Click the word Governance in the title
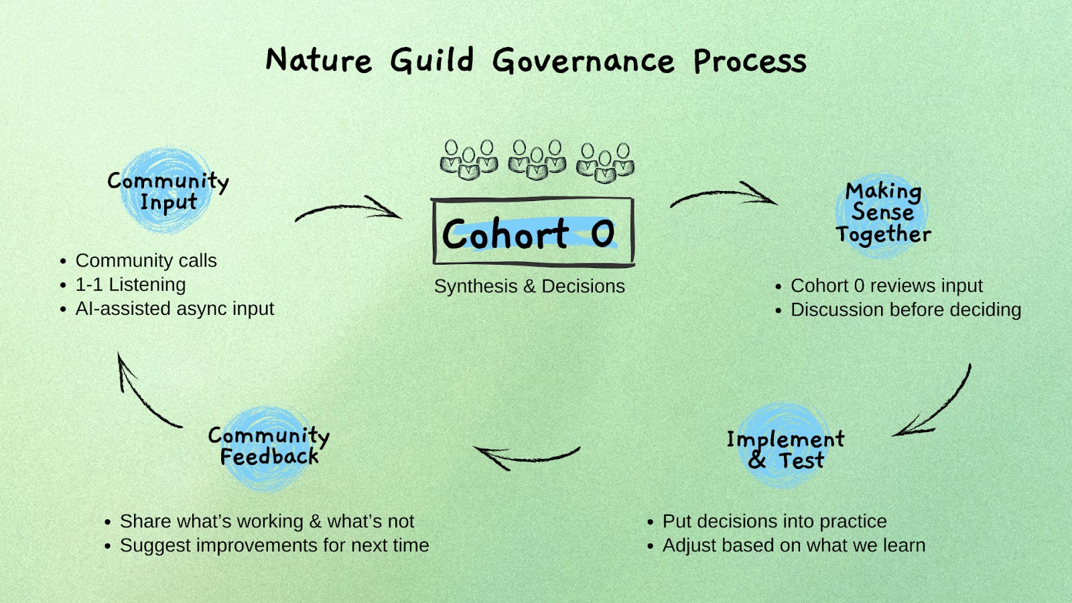tap(583, 62)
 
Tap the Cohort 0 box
tap(533, 232)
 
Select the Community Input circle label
tap(167, 191)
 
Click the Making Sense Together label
tap(883, 212)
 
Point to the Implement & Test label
tap(785, 450)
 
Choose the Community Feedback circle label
tap(269, 446)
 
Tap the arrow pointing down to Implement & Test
tap(938, 405)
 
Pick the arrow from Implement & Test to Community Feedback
tap(526, 456)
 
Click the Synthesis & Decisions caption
tap(529, 286)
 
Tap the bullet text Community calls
tap(146, 261)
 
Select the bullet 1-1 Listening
tap(131, 285)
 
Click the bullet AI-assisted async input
tap(174, 309)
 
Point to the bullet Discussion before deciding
tap(906, 310)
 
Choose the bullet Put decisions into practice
tap(775, 521)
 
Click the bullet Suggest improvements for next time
tap(274, 545)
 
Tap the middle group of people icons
tap(537, 160)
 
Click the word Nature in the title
tap(318, 61)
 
